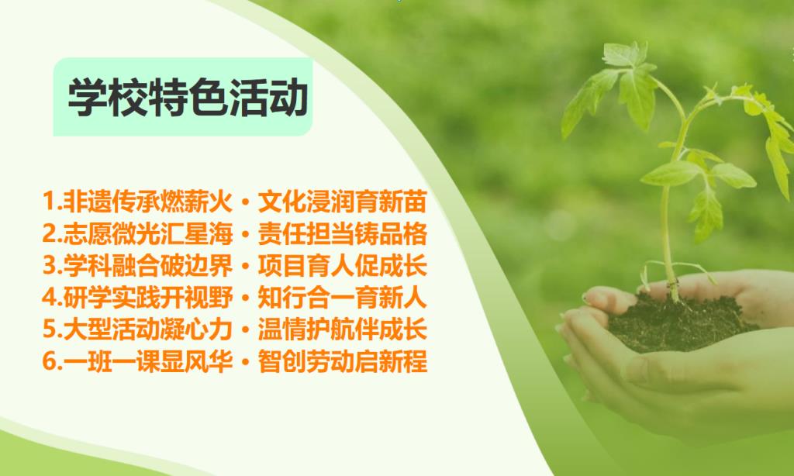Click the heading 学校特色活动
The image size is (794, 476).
pos(188,97)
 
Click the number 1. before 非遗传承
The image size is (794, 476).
pos(52,201)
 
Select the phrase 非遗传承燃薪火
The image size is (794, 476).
pos(147,202)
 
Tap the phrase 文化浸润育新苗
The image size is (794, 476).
pos(342,202)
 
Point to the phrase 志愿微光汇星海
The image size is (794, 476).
pos(147,233)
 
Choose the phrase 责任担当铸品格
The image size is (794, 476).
pos(342,233)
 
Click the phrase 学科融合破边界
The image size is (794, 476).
pos(147,265)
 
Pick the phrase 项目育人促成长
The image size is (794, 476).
pos(342,265)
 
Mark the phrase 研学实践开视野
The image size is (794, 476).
pos(147,297)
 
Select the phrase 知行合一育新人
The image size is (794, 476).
pos(342,297)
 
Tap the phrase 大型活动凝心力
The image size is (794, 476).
pos(147,329)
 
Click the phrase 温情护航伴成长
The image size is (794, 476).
pos(342,329)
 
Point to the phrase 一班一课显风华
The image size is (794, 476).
pos(147,361)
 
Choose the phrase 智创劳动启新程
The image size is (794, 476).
pos(342,361)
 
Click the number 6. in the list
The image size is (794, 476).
pos(52,361)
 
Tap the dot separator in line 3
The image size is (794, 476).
pos(246,266)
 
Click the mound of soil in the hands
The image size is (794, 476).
pos(678,322)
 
